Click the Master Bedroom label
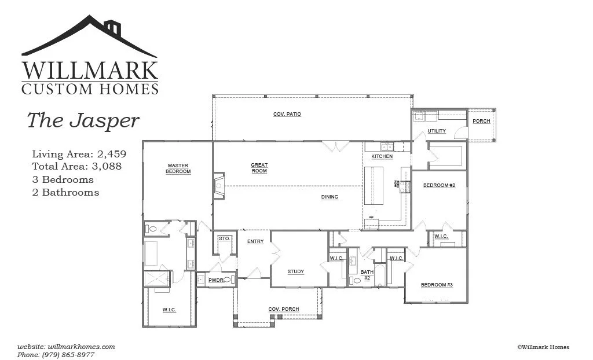pos(178,168)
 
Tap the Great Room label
pos(259,168)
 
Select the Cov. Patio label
pos(287,115)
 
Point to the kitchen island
pos(374,185)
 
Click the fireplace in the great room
pos(218,186)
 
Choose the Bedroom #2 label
pos(439,185)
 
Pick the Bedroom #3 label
pos(437,285)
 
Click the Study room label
pos(295,271)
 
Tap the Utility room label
pos(437,131)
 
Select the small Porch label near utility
pos(481,121)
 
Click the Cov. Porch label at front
pos(284,309)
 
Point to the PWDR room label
pos(215,280)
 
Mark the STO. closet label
pos(224,238)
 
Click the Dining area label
pos(330,197)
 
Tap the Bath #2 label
pos(366,274)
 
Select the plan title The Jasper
pos(83,120)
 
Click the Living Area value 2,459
pos(112,155)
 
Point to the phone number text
pos(56,354)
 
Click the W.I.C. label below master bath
pos(169,310)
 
